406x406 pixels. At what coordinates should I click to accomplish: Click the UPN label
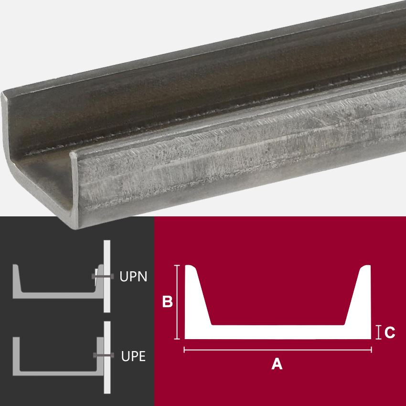point(133,277)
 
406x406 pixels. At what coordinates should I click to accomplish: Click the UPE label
point(133,356)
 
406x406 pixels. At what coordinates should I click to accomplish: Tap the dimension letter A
point(277,364)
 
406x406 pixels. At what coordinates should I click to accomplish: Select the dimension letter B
point(167,302)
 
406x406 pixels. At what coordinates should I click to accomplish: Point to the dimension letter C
point(389,332)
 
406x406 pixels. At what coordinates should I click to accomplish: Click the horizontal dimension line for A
point(278,350)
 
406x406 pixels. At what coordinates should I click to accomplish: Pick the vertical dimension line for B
point(178,302)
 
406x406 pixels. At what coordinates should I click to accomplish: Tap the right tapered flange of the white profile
point(359,296)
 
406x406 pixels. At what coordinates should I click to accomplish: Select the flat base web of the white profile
point(278,332)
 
